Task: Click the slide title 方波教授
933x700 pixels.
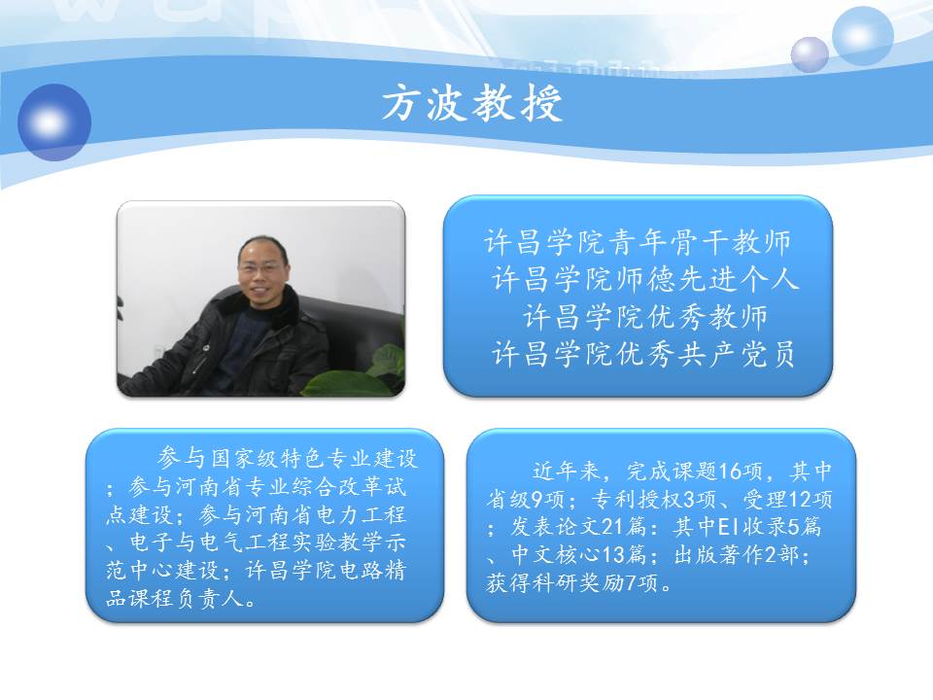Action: [472, 104]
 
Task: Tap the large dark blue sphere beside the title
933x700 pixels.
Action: [54, 122]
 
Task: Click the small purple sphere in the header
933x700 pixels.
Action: [810, 54]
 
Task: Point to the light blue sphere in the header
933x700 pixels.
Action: [862, 36]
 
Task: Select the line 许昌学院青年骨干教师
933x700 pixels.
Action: [638, 242]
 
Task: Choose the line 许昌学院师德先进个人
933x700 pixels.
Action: [645, 279]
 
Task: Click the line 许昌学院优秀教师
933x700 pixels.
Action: [645, 316]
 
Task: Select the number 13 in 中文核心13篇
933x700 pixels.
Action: [614, 555]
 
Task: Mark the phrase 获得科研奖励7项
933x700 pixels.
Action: [573, 582]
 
